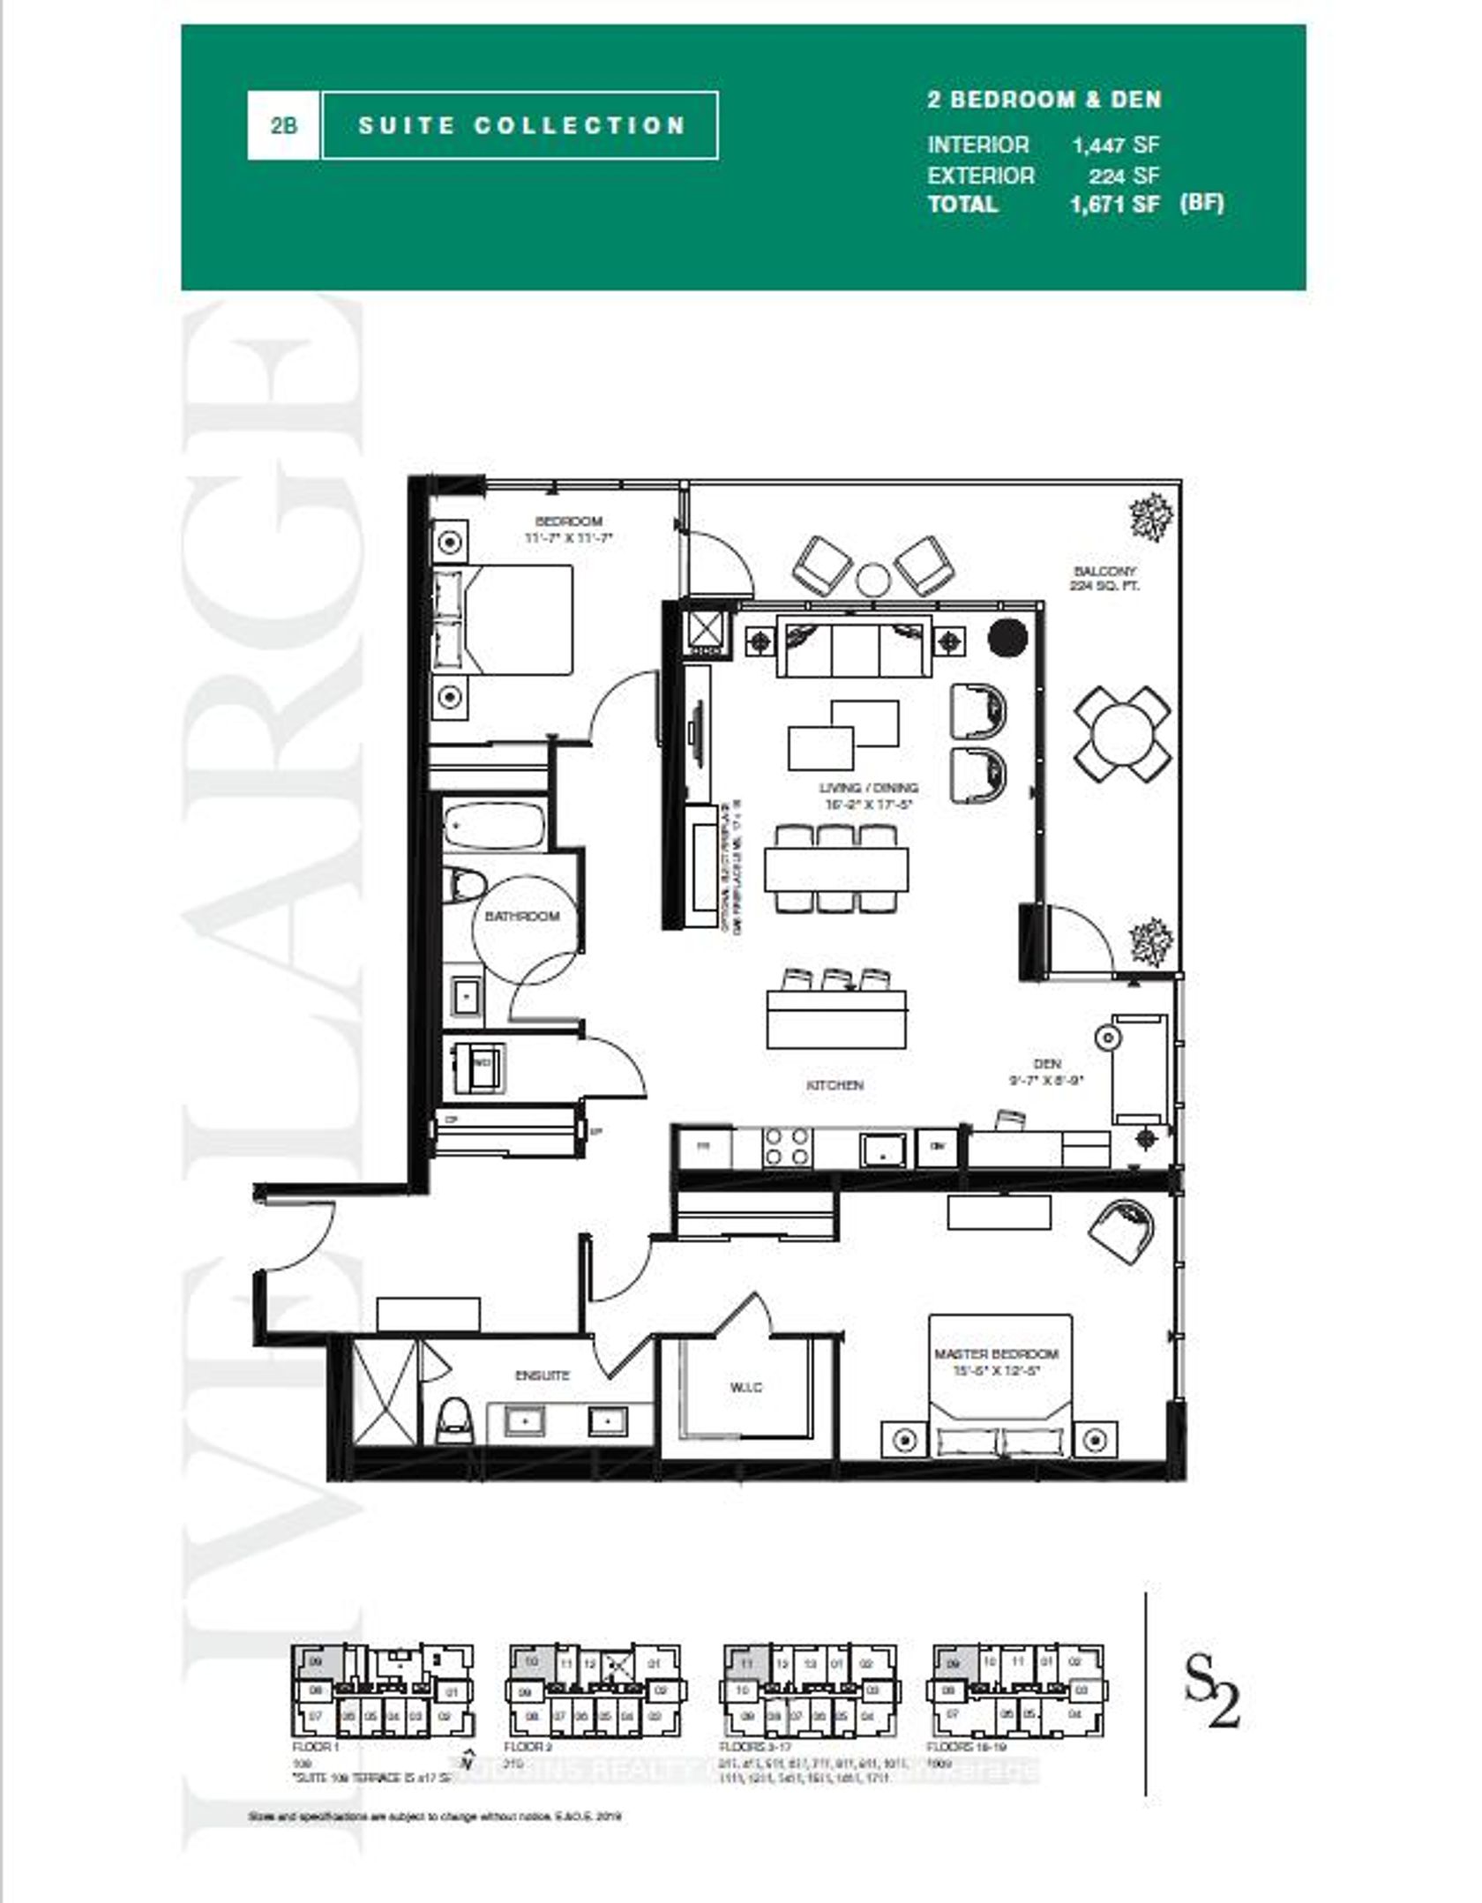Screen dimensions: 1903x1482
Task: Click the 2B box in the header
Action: tap(283, 125)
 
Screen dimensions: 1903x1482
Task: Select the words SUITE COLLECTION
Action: tap(521, 125)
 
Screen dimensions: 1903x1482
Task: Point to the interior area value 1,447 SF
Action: tap(1116, 146)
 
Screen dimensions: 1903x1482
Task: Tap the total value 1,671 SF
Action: tap(1114, 204)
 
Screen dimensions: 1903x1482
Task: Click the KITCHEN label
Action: tap(835, 1084)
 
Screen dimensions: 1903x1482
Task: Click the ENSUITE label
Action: tap(543, 1375)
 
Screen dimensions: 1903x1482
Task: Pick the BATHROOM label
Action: tap(522, 917)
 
